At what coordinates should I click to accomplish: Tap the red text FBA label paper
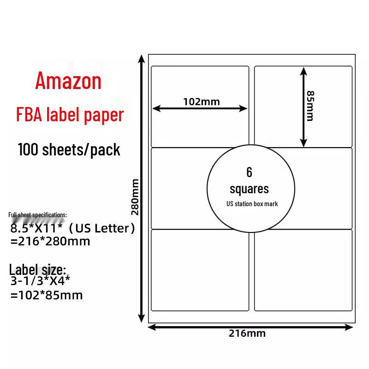(x=70, y=115)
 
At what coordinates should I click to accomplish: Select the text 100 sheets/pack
(x=69, y=149)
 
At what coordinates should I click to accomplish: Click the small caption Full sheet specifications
(x=37, y=215)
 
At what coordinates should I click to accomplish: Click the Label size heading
(x=38, y=269)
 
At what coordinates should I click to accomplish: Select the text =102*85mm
(x=46, y=295)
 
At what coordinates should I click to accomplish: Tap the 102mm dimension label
(x=202, y=101)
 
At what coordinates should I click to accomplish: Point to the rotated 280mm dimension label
(x=135, y=197)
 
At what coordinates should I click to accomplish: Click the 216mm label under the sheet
(x=247, y=333)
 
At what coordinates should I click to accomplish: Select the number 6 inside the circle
(x=250, y=173)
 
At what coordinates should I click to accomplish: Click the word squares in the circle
(x=249, y=189)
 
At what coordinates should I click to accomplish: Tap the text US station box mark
(x=252, y=204)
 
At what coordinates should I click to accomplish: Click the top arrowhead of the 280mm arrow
(x=141, y=58)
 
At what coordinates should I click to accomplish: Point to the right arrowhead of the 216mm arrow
(x=350, y=327)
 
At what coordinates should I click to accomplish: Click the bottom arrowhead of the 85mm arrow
(x=303, y=144)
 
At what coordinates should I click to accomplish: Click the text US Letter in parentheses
(x=106, y=229)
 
